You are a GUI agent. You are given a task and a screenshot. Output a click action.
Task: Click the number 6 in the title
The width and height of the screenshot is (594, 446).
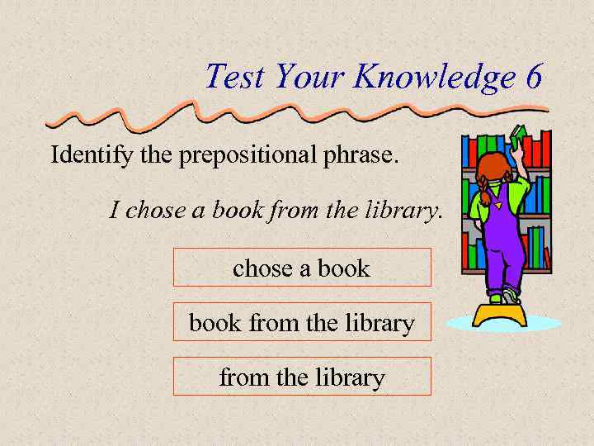[x=533, y=77]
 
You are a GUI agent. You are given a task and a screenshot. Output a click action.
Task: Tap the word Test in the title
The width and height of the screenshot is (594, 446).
[x=235, y=77]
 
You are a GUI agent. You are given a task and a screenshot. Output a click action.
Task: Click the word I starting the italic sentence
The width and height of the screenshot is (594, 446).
[x=115, y=210]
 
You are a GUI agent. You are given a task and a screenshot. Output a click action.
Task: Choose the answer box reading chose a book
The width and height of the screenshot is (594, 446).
[x=302, y=268]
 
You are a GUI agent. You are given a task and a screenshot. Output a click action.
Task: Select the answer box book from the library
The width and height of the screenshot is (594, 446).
[x=302, y=322]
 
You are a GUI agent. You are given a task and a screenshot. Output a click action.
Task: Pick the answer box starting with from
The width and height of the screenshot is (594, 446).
[x=302, y=377]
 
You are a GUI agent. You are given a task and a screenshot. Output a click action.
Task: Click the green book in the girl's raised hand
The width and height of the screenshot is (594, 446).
[x=518, y=135]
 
